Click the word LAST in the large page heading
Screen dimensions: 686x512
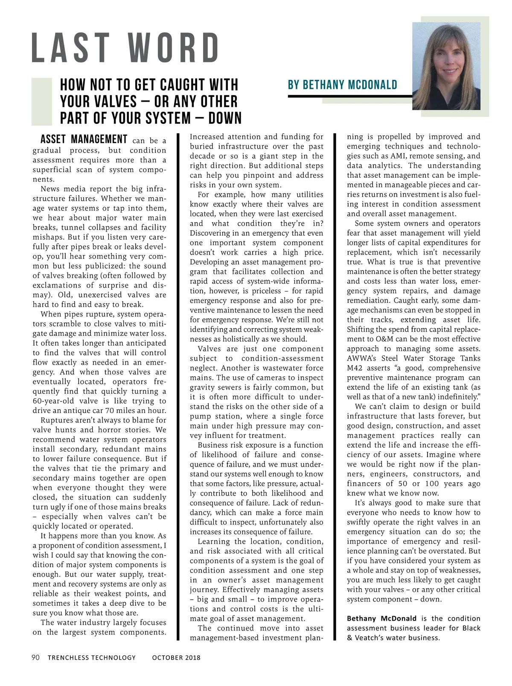point(71,47)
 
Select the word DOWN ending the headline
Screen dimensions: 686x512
point(222,118)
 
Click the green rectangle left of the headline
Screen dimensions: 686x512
point(41,102)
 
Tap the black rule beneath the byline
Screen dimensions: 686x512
point(350,97)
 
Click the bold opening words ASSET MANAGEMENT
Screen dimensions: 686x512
point(84,140)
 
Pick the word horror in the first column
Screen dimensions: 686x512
point(111,430)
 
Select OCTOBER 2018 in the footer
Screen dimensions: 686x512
point(176,657)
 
